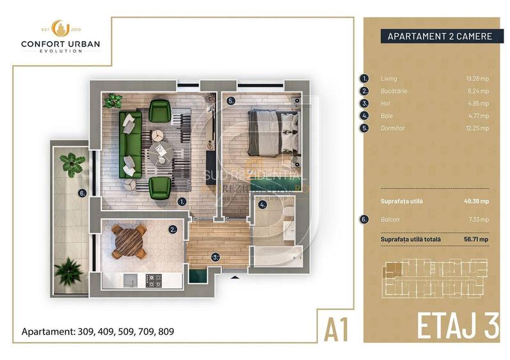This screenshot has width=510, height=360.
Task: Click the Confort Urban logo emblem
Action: pyautogui.click(x=60, y=29)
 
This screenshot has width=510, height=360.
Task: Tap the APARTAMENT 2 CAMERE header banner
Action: pyautogui.click(x=440, y=36)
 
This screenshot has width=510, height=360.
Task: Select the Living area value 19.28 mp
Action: pyautogui.click(x=477, y=79)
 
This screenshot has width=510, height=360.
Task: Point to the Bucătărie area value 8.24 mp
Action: pyautogui.click(x=479, y=91)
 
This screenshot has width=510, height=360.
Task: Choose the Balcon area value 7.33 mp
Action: pyautogui.click(x=479, y=219)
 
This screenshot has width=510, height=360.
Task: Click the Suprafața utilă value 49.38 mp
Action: pyautogui.click(x=476, y=200)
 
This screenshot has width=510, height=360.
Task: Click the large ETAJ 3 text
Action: pyautogui.click(x=457, y=326)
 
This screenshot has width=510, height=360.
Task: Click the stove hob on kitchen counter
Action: pyautogui.click(x=154, y=279)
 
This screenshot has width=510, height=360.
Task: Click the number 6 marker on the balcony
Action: pyautogui.click(x=81, y=192)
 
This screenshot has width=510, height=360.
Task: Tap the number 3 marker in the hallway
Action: pyautogui.click(x=216, y=257)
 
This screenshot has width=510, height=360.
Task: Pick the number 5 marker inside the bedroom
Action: pyautogui.click(x=231, y=100)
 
